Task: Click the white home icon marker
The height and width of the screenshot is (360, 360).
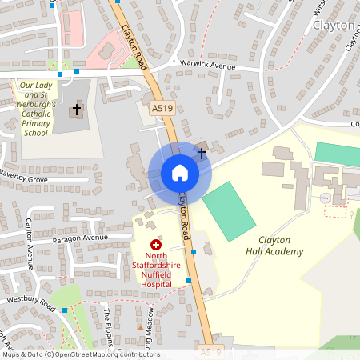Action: click(x=180, y=173)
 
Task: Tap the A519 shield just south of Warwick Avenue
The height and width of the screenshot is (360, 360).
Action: click(x=162, y=106)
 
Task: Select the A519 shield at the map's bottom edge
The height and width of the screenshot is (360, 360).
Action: click(x=210, y=351)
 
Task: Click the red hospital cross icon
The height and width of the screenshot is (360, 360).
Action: click(x=156, y=245)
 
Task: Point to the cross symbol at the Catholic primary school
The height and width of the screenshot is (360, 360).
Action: click(x=77, y=108)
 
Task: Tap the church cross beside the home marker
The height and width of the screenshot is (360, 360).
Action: click(x=202, y=152)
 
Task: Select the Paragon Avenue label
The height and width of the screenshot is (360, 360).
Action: click(x=80, y=238)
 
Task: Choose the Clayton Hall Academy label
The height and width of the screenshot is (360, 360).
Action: click(x=274, y=246)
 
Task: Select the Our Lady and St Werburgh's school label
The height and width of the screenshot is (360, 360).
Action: click(x=37, y=109)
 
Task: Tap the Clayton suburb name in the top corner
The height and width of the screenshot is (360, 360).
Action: click(x=334, y=25)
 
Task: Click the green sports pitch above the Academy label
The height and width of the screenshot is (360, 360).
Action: click(x=232, y=211)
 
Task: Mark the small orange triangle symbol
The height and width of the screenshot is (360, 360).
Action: click(x=141, y=327)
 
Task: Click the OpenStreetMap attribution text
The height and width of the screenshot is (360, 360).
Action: click(x=80, y=354)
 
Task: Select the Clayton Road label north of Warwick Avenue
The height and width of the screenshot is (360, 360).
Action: click(x=134, y=46)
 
